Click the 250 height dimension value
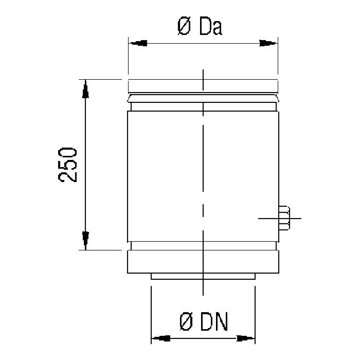(x=68, y=164)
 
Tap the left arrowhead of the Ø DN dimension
(x=159, y=338)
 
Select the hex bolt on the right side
(x=283, y=218)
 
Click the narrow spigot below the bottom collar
(x=170, y=277)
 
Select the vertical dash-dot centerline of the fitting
(x=204, y=170)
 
